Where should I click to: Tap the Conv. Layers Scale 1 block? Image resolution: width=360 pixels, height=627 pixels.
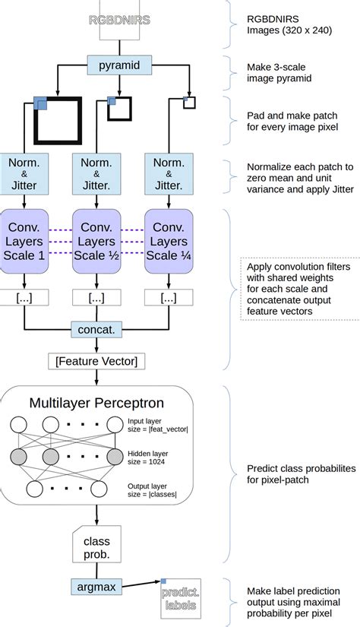coord(27,240)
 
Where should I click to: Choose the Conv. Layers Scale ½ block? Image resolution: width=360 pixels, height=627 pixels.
coord(96,240)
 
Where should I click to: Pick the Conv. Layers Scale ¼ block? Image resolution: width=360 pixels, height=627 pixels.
coord(169,240)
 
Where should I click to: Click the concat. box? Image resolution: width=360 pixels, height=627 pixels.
coord(96,329)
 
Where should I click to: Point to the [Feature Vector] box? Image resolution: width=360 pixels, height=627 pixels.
coord(96,360)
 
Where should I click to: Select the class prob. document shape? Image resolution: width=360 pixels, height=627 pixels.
coord(96,543)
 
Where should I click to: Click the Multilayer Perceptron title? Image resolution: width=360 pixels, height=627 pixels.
coord(97,403)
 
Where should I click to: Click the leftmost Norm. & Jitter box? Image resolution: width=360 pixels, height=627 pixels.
coord(27,173)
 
